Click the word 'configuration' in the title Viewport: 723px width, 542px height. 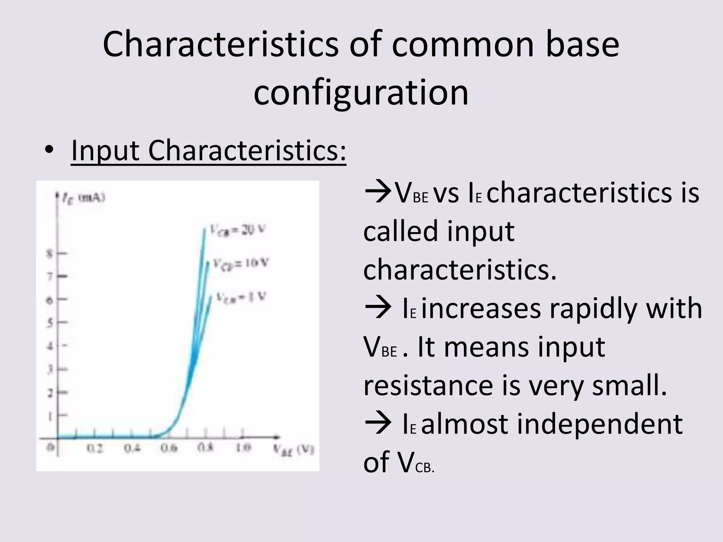click(x=361, y=92)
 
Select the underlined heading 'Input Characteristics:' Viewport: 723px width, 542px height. click(x=208, y=151)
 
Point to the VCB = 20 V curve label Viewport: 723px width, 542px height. click(x=237, y=230)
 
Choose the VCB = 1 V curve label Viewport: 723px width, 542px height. click(x=241, y=296)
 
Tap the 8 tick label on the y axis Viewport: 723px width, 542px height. click(x=49, y=254)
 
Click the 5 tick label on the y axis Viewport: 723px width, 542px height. click(x=49, y=323)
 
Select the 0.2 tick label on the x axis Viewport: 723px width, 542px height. click(x=95, y=448)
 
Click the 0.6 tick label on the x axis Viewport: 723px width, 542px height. click(x=169, y=448)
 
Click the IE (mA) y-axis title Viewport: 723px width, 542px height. click(x=83, y=199)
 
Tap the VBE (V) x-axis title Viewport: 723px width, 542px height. click(x=293, y=450)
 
